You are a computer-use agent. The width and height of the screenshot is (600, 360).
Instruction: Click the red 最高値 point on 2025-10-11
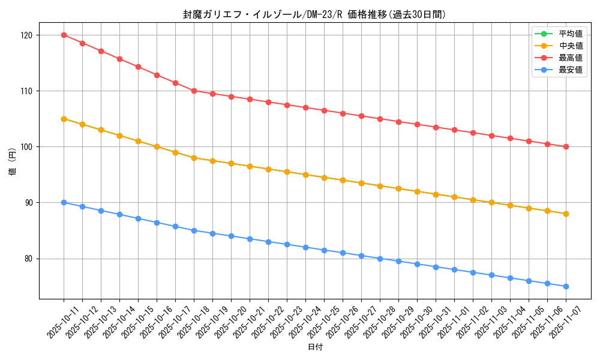pos(64,35)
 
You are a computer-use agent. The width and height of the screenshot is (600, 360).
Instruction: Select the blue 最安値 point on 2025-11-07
pos(566,286)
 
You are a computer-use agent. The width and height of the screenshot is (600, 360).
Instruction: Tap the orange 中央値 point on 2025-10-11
pos(64,119)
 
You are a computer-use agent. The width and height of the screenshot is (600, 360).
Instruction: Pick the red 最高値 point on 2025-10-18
pos(194,91)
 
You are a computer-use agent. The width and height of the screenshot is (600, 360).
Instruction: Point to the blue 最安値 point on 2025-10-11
pos(64,203)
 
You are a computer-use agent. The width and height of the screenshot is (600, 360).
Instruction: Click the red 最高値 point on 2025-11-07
pos(566,146)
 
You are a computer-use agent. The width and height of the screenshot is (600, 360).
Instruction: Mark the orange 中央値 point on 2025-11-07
pos(566,214)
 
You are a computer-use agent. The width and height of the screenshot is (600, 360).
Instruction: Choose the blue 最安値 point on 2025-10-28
pos(380,259)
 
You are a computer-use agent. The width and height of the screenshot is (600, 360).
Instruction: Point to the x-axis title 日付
pos(315,347)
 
